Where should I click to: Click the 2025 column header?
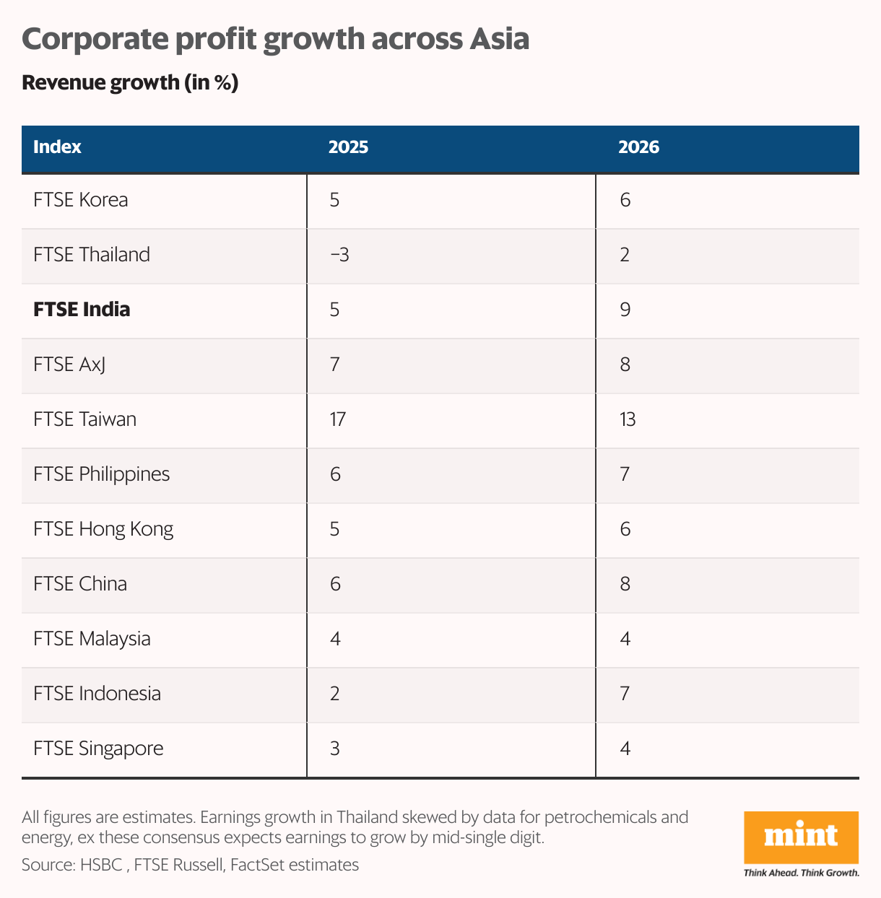tap(348, 147)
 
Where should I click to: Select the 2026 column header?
tap(638, 147)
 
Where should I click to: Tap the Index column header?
tap(57, 147)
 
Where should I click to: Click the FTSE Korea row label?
tap(81, 200)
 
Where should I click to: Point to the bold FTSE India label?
tap(82, 310)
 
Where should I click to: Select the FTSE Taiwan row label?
tap(84, 419)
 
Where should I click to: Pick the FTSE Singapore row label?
tap(98, 749)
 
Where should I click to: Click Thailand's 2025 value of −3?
tap(339, 255)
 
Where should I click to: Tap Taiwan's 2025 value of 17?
tap(337, 419)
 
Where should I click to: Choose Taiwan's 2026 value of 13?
tap(628, 419)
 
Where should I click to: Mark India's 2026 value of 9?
tap(625, 310)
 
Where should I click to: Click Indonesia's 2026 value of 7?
tap(625, 694)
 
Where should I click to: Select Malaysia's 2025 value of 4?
tap(335, 639)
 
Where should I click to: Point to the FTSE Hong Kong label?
tap(103, 529)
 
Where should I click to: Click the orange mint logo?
tap(801, 837)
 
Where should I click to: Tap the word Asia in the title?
tap(499, 39)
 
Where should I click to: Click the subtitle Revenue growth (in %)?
tap(130, 83)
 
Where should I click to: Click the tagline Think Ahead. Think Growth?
tap(801, 873)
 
